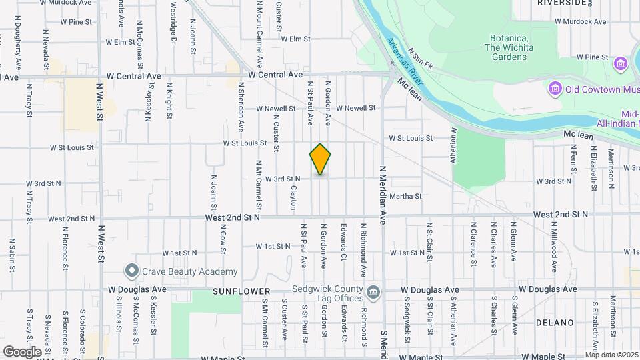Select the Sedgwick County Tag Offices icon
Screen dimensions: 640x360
point(373,291)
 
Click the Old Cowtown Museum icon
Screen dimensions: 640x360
point(555,89)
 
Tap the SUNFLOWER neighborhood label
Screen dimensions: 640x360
point(241,291)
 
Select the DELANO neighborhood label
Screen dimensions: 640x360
point(555,323)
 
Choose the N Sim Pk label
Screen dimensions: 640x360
point(421,59)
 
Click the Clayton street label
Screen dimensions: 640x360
point(293,197)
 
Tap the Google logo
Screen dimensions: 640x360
point(22,351)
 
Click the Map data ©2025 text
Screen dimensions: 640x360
point(611,355)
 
